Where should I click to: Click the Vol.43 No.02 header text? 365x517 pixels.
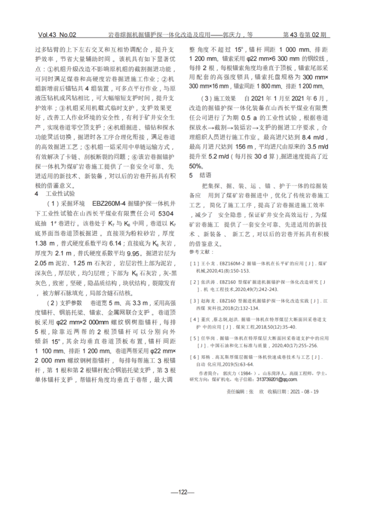coord(57,35)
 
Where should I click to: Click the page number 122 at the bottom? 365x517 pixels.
coord(182,492)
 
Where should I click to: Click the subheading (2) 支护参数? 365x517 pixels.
coord(65,302)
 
